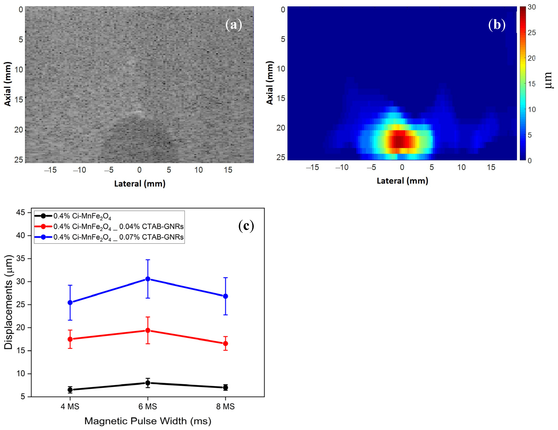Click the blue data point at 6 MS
[148, 279]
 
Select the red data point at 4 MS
[70, 339]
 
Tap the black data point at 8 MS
[225, 388]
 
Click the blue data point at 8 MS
[225, 296]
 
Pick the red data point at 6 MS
[148, 330]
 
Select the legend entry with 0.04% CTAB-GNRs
[118, 226]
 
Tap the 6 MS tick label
[148, 406]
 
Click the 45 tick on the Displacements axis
[20, 212]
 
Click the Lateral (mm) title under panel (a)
[140, 184]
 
